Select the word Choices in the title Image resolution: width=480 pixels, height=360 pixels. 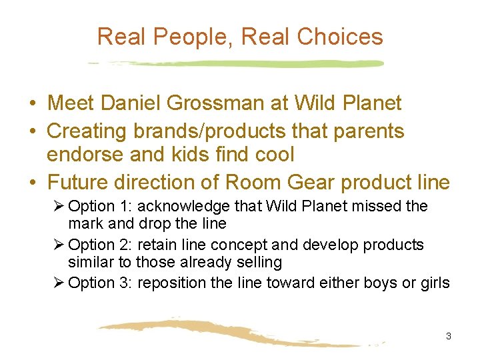tap(340, 37)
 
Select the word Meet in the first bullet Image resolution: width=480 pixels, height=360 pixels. tap(70, 103)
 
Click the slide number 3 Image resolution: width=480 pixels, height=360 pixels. tap(448, 336)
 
